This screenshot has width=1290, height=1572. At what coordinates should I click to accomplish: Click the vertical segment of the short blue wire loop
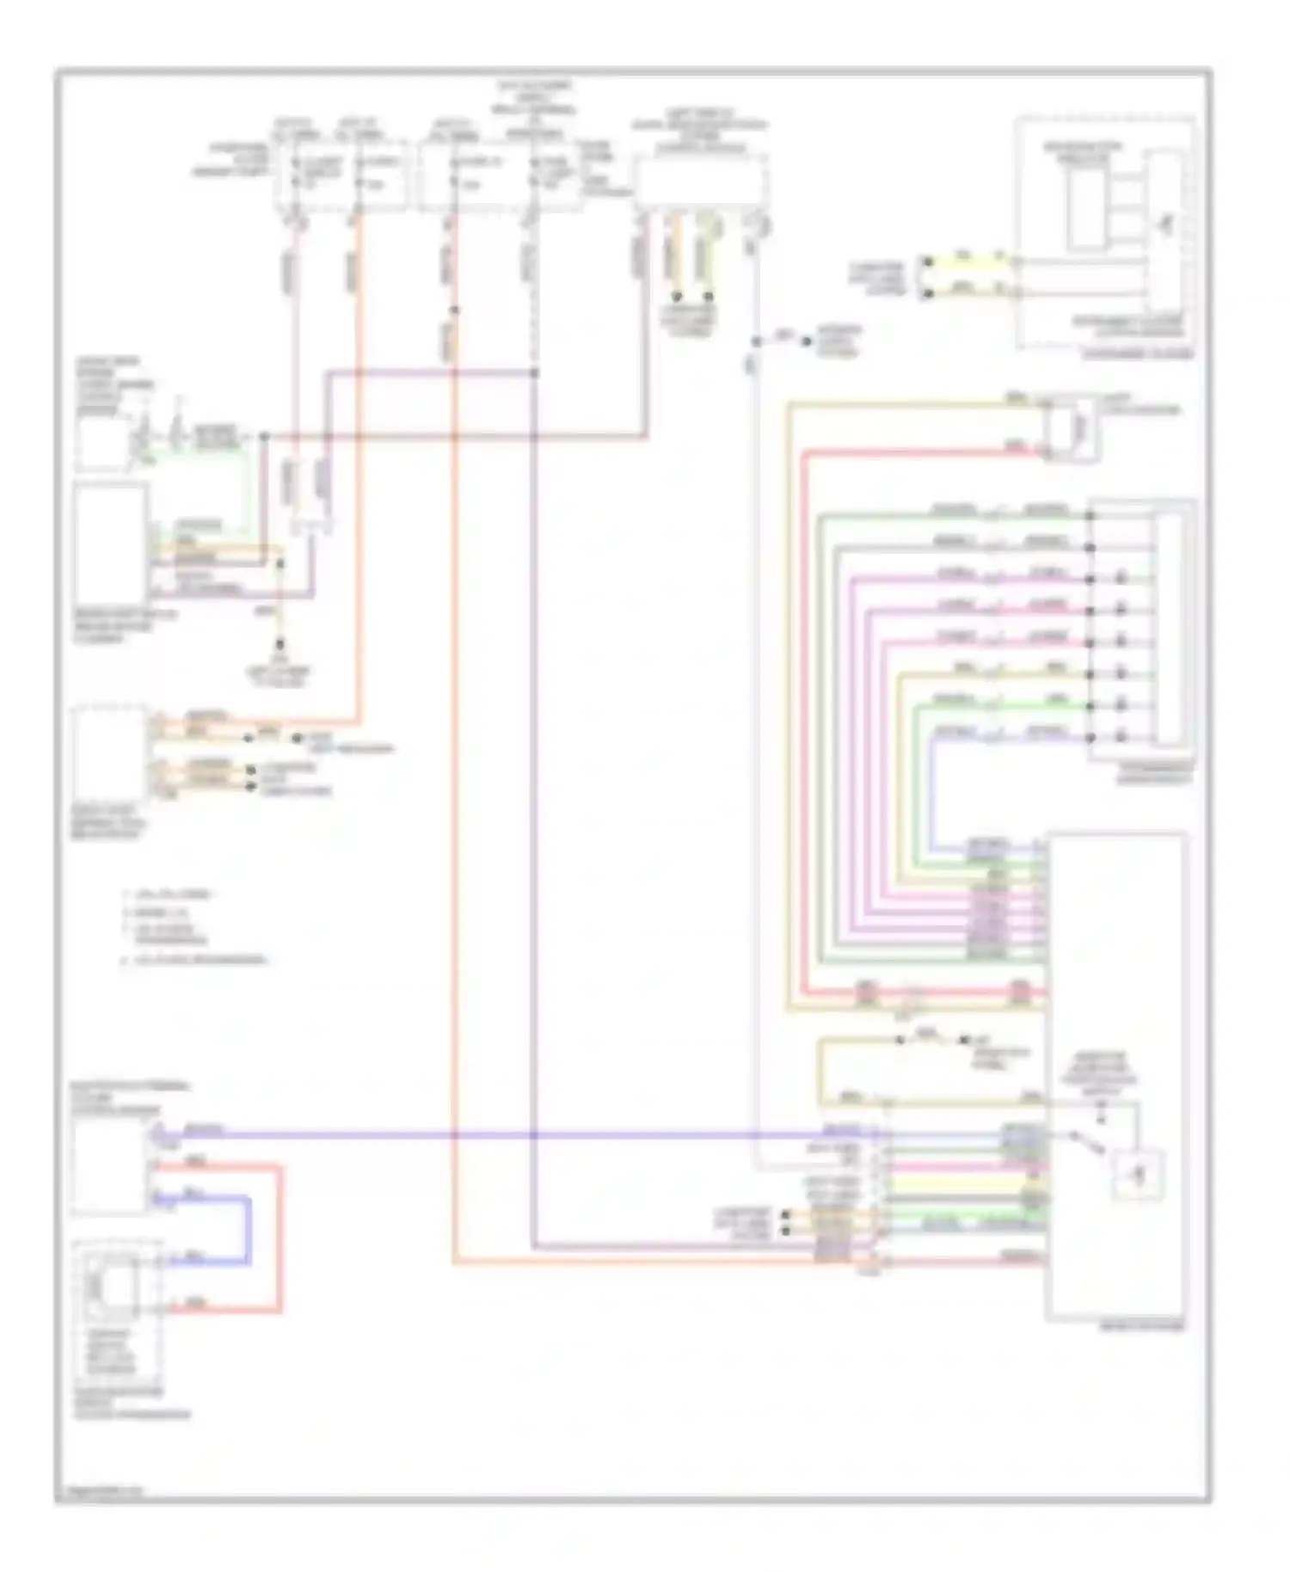tap(250, 1230)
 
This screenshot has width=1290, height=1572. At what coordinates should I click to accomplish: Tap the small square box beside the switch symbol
tap(1139, 1175)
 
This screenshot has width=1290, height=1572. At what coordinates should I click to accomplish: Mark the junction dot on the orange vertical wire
tap(455, 310)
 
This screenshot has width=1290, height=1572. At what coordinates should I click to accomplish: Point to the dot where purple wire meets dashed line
tap(534, 372)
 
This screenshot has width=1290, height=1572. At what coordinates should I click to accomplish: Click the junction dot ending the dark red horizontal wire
tap(265, 437)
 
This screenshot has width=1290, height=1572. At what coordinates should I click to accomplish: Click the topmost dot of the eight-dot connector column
tap(1090, 516)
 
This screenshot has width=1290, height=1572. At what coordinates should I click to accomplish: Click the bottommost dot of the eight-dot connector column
tap(1090, 738)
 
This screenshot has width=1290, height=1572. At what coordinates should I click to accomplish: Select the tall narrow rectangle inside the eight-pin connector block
tap(1169, 628)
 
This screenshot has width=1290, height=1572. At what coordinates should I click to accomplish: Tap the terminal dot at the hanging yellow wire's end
tap(279, 645)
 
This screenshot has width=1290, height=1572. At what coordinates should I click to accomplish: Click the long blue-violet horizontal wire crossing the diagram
tap(516, 1135)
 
